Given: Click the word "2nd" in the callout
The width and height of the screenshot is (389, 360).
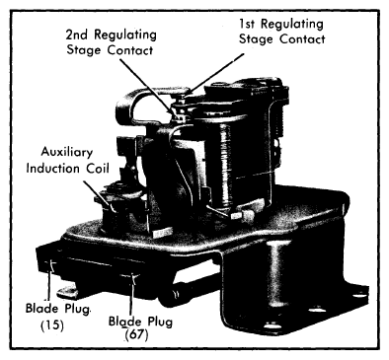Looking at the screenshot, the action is coord(77,35).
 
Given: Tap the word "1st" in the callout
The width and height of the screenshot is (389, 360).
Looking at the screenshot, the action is coord(248,24).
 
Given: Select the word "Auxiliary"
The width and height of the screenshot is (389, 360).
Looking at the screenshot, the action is coord(67,153).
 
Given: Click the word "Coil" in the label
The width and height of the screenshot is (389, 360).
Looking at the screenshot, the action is coord(98,169).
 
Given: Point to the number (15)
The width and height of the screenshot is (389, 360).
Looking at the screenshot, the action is coord(52,325).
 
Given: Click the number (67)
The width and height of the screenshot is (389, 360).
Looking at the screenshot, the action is coord(136,334).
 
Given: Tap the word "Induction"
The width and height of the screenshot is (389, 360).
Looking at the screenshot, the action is coord(52,169).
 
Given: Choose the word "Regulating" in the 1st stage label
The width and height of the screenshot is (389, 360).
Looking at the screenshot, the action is coord(292,25).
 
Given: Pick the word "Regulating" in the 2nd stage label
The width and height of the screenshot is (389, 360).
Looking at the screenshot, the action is coord(125,36).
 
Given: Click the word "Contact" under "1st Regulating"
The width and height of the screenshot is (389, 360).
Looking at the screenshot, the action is coord(302,39).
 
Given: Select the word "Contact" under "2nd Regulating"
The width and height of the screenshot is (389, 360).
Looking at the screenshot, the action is coord(130,50).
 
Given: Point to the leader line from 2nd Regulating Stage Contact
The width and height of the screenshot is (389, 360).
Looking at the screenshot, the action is coord(147,88).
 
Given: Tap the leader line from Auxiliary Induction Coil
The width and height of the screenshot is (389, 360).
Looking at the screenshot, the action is coord(99,196).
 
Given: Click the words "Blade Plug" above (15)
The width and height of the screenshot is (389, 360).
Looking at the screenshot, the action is coord(57,309).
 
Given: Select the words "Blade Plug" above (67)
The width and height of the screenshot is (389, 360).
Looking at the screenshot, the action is coord(140,322).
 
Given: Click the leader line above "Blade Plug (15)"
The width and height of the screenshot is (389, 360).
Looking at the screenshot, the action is coord(49,283).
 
